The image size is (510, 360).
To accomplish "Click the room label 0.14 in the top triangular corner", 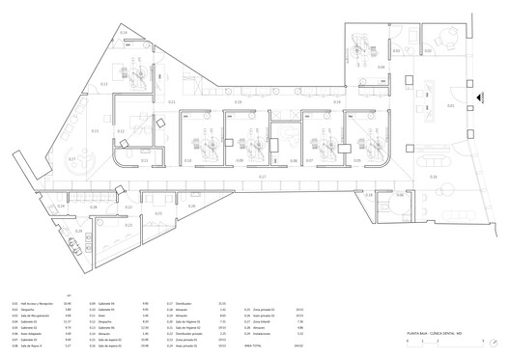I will (124, 34).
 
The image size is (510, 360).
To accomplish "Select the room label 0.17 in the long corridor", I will (262, 177).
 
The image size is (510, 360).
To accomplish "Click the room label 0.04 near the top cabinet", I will (382, 67).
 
